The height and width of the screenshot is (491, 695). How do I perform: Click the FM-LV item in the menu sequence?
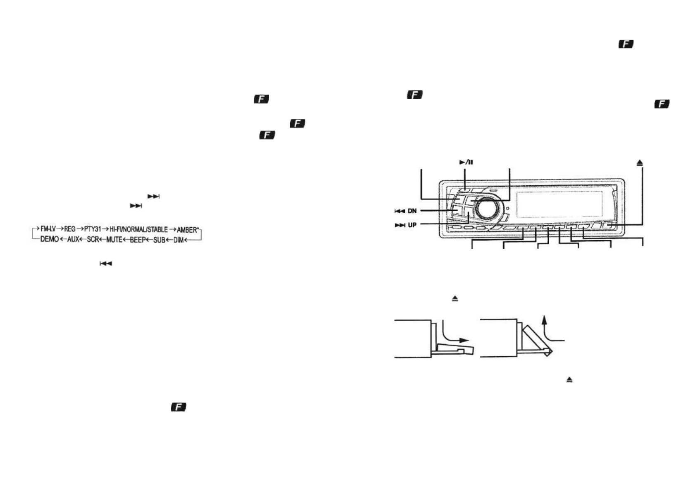pyautogui.click(x=48, y=229)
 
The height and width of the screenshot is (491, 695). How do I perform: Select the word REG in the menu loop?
pyautogui.click(x=70, y=229)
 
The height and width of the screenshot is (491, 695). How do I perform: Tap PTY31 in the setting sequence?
pyautogui.click(x=93, y=229)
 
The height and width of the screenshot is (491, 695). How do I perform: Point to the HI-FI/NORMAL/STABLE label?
pyautogui.click(x=138, y=229)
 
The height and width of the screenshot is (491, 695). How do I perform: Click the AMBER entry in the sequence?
pyautogui.click(x=188, y=230)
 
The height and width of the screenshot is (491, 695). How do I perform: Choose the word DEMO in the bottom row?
pyautogui.click(x=49, y=239)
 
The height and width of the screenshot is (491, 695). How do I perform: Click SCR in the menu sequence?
pyautogui.click(x=93, y=239)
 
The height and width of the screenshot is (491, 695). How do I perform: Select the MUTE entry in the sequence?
pyautogui.click(x=114, y=239)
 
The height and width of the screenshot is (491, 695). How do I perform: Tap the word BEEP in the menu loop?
pyautogui.click(x=138, y=240)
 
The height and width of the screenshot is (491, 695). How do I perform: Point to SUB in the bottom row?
pyautogui.click(x=159, y=240)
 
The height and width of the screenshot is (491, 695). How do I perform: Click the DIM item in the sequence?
pyautogui.click(x=178, y=240)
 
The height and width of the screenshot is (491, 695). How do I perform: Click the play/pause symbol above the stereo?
pyautogui.click(x=466, y=162)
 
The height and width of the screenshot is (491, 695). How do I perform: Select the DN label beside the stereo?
pyautogui.click(x=412, y=211)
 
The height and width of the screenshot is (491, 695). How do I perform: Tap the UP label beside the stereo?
pyautogui.click(x=412, y=225)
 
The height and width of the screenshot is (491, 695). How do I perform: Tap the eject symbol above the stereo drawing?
pyautogui.click(x=640, y=163)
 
